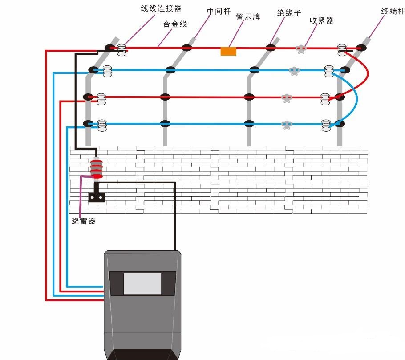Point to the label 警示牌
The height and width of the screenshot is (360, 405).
coord(248,16)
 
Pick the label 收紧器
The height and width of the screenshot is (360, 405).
coord(321,20)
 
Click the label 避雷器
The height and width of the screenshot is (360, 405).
coord(83,221)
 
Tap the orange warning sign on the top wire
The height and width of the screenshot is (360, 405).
coord(228,51)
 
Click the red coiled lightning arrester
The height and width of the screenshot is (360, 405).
coord(97,168)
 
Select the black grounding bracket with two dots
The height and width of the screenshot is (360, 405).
coord(97,197)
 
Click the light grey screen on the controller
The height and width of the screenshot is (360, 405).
coord(142,283)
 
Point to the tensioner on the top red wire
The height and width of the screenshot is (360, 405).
coord(301,49)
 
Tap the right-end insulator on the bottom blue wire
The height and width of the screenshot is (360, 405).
coord(326,125)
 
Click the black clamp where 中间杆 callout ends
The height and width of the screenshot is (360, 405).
coord(186,47)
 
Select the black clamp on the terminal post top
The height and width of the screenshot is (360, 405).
coord(360,48)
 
